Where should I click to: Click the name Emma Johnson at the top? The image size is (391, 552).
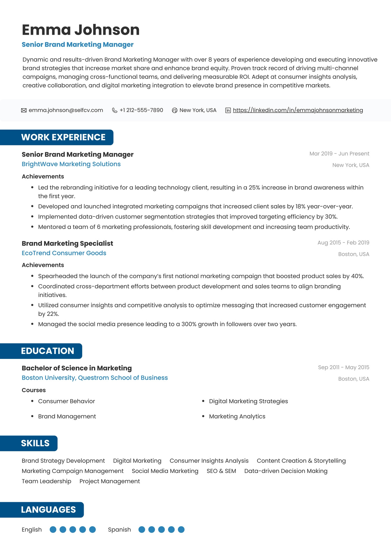point(81,30)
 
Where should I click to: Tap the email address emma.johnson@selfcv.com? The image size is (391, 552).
point(66,110)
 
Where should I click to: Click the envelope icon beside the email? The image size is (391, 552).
point(24,110)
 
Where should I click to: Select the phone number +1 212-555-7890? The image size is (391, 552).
point(141,110)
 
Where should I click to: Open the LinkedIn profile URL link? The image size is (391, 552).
point(298,110)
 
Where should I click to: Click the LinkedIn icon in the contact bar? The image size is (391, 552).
point(228,110)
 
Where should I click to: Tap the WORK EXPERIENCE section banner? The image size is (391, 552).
point(63,137)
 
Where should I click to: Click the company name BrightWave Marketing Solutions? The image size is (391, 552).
point(71,164)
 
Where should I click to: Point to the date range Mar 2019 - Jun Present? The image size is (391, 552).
point(339,154)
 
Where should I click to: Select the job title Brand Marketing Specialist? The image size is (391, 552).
point(67,243)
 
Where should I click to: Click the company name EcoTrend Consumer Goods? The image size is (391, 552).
point(64,253)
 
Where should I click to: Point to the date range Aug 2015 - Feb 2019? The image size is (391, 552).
point(343,243)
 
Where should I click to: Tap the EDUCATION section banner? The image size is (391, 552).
point(47,351)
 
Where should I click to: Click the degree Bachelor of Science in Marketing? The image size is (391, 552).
point(76,368)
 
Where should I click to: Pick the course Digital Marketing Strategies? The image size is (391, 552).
point(248,401)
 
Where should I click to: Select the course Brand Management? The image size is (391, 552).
point(67,417)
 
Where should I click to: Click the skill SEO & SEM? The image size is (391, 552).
point(221,471)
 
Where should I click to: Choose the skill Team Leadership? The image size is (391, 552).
point(46,481)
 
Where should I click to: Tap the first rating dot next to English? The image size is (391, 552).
point(53,530)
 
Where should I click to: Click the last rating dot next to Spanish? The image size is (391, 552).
point(181,530)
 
